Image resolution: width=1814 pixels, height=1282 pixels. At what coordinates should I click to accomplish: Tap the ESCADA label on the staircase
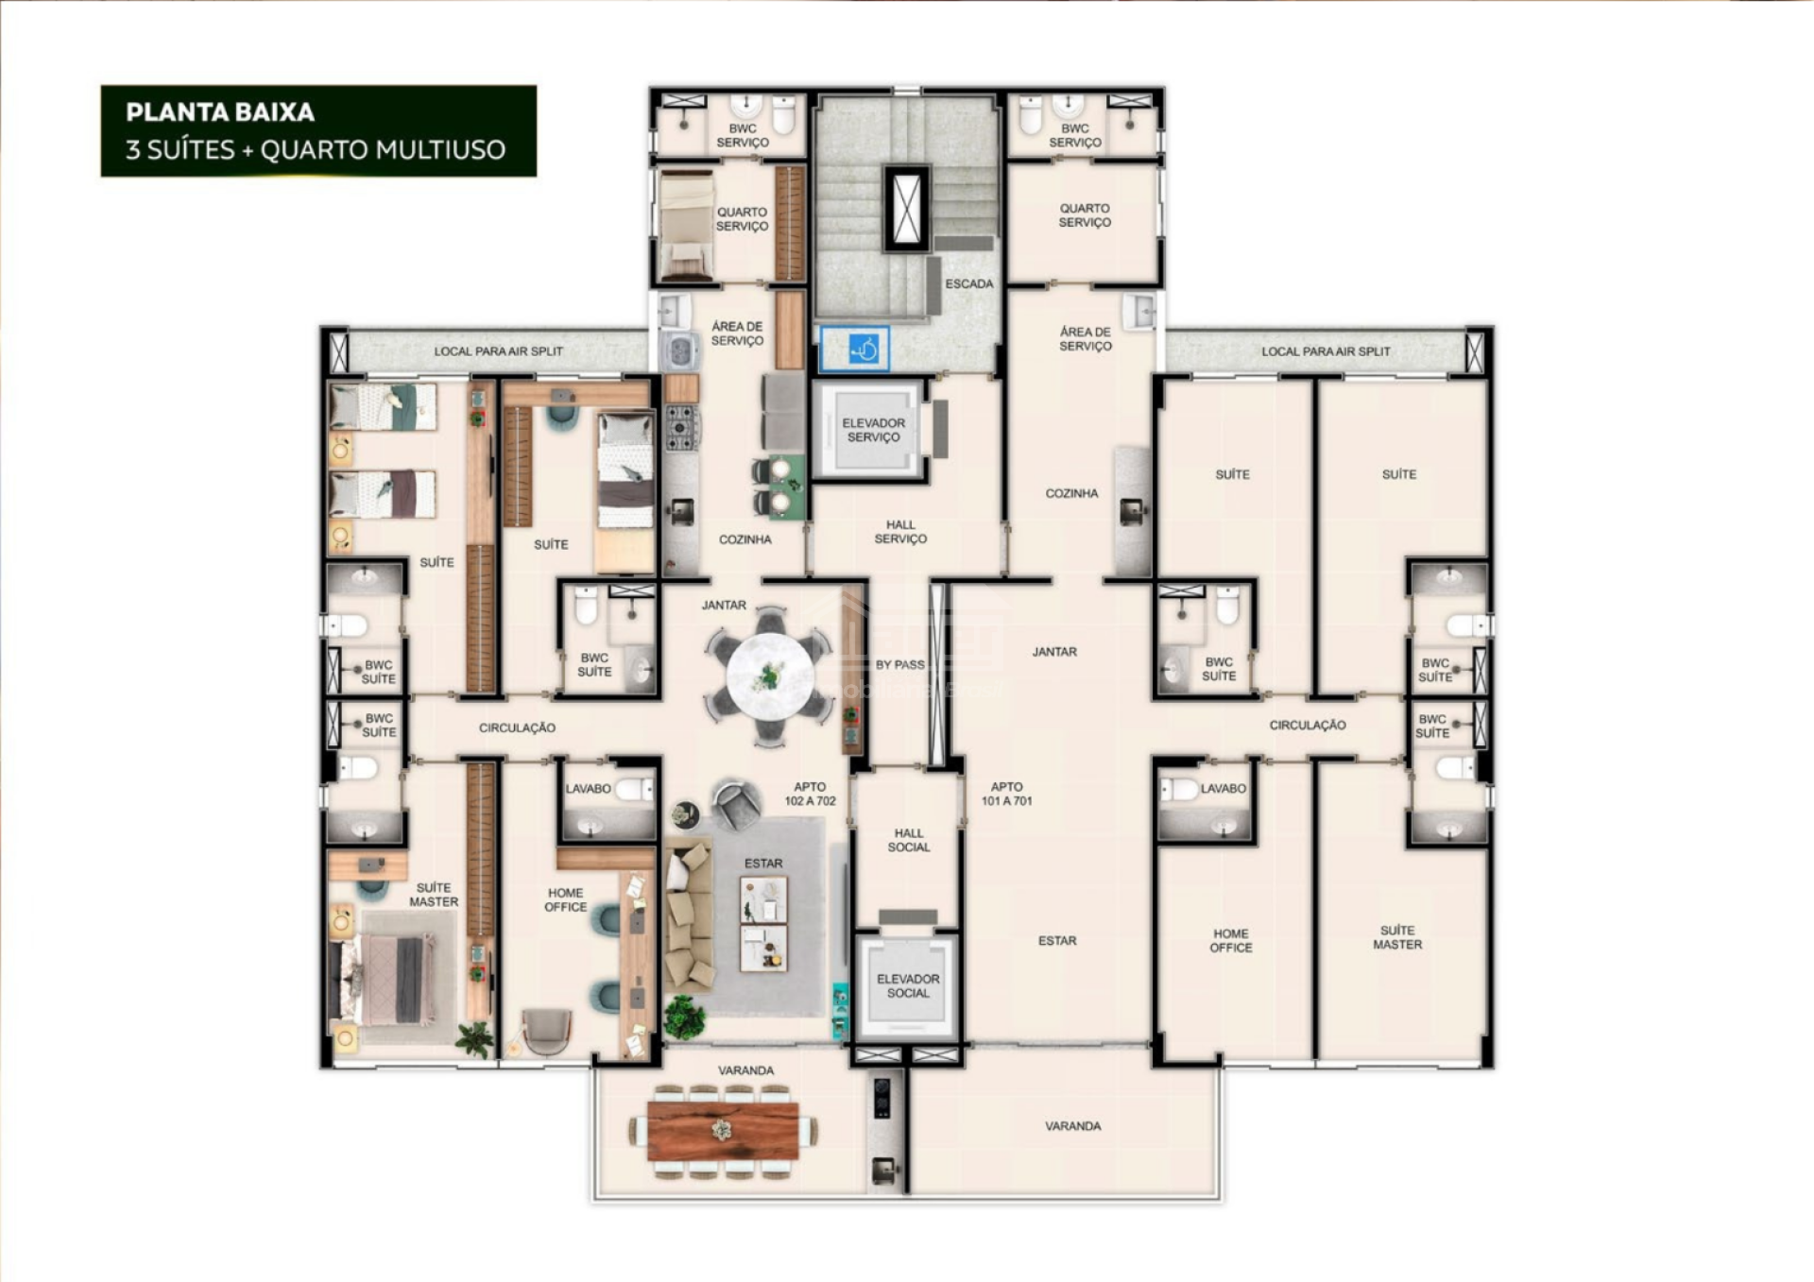tap(968, 283)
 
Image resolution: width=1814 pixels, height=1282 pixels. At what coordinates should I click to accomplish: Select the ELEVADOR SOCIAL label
tap(908, 986)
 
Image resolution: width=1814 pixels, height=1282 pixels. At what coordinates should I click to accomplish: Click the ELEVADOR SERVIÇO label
tap(874, 430)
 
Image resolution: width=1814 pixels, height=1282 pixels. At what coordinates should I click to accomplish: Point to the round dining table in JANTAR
tap(770, 675)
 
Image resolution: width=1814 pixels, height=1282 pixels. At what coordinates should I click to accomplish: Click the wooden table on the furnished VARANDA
tap(723, 1131)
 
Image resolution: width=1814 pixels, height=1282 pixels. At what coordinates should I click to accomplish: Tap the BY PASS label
tap(899, 664)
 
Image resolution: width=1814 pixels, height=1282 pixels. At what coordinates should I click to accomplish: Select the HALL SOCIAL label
tap(909, 840)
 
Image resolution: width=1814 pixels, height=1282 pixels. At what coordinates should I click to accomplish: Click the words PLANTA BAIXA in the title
tap(220, 112)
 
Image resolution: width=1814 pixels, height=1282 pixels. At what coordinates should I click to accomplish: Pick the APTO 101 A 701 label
tap(1006, 794)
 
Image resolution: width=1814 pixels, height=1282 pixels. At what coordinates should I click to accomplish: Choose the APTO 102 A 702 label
tap(810, 794)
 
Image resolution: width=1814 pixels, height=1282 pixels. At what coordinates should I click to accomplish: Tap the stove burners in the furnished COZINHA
tap(680, 426)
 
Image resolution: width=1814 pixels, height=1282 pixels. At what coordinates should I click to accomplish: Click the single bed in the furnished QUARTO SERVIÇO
tap(687, 227)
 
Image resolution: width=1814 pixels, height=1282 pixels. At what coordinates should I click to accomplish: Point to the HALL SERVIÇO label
tap(900, 532)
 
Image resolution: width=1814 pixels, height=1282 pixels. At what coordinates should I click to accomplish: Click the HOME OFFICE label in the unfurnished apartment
tap(1231, 940)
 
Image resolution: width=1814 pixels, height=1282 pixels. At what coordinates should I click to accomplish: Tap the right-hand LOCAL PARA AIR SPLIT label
tap(1326, 351)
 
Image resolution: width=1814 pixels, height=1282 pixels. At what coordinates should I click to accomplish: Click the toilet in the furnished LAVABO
tap(635, 788)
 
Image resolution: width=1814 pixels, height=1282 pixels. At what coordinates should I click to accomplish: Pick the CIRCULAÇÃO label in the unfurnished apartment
tap(1308, 726)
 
